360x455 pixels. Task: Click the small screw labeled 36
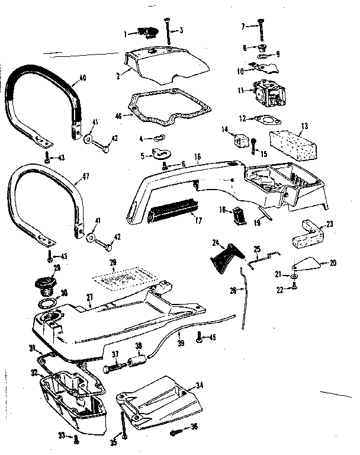(176, 432)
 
